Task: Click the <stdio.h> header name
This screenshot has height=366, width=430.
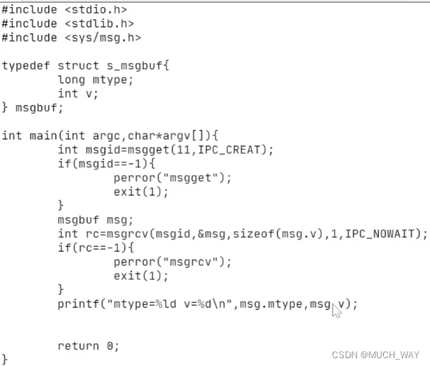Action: coord(96,10)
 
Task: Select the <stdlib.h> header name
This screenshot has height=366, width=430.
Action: coord(100,24)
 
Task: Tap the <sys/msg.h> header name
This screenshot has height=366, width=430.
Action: coord(103,38)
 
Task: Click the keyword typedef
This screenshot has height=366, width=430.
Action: coord(26,66)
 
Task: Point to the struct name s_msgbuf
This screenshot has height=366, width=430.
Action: coord(134,66)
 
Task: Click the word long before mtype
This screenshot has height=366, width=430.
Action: coord(71,80)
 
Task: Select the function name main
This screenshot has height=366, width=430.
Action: coord(43,136)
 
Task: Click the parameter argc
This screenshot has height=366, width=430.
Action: coord(107,136)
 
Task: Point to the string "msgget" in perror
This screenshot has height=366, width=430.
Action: coord(190,178)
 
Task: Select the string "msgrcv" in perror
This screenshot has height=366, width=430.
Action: coord(190,262)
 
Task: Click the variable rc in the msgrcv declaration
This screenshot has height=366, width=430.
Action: coord(92,235)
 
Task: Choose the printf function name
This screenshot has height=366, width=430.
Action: coord(78,304)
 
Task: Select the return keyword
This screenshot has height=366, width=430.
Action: coord(78,346)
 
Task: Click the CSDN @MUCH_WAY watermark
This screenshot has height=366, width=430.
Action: coord(375,355)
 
